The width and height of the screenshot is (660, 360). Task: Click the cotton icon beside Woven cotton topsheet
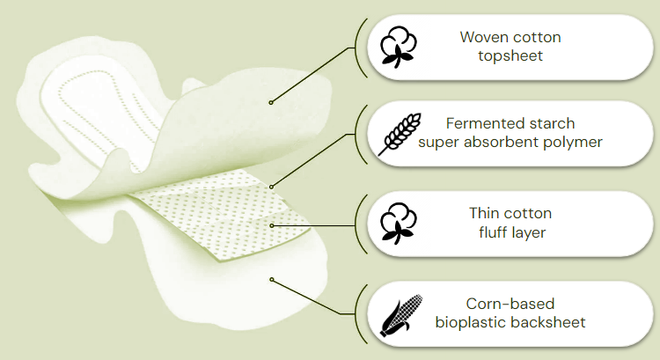[398, 48]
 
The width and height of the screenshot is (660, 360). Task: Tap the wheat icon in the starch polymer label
[400, 135]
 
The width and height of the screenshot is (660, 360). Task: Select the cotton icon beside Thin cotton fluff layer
[398, 224]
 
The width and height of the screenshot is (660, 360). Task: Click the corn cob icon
[400, 316]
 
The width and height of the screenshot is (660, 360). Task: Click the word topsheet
[510, 56]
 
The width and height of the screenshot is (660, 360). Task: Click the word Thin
[484, 213]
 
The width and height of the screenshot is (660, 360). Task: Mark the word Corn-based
[510, 304]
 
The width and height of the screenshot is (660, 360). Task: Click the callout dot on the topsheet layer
[271, 102]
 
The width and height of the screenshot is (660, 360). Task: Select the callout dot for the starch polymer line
[272, 187]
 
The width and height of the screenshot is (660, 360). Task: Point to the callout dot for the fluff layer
[272, 225]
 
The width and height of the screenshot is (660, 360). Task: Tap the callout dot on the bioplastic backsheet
[272, 280]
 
